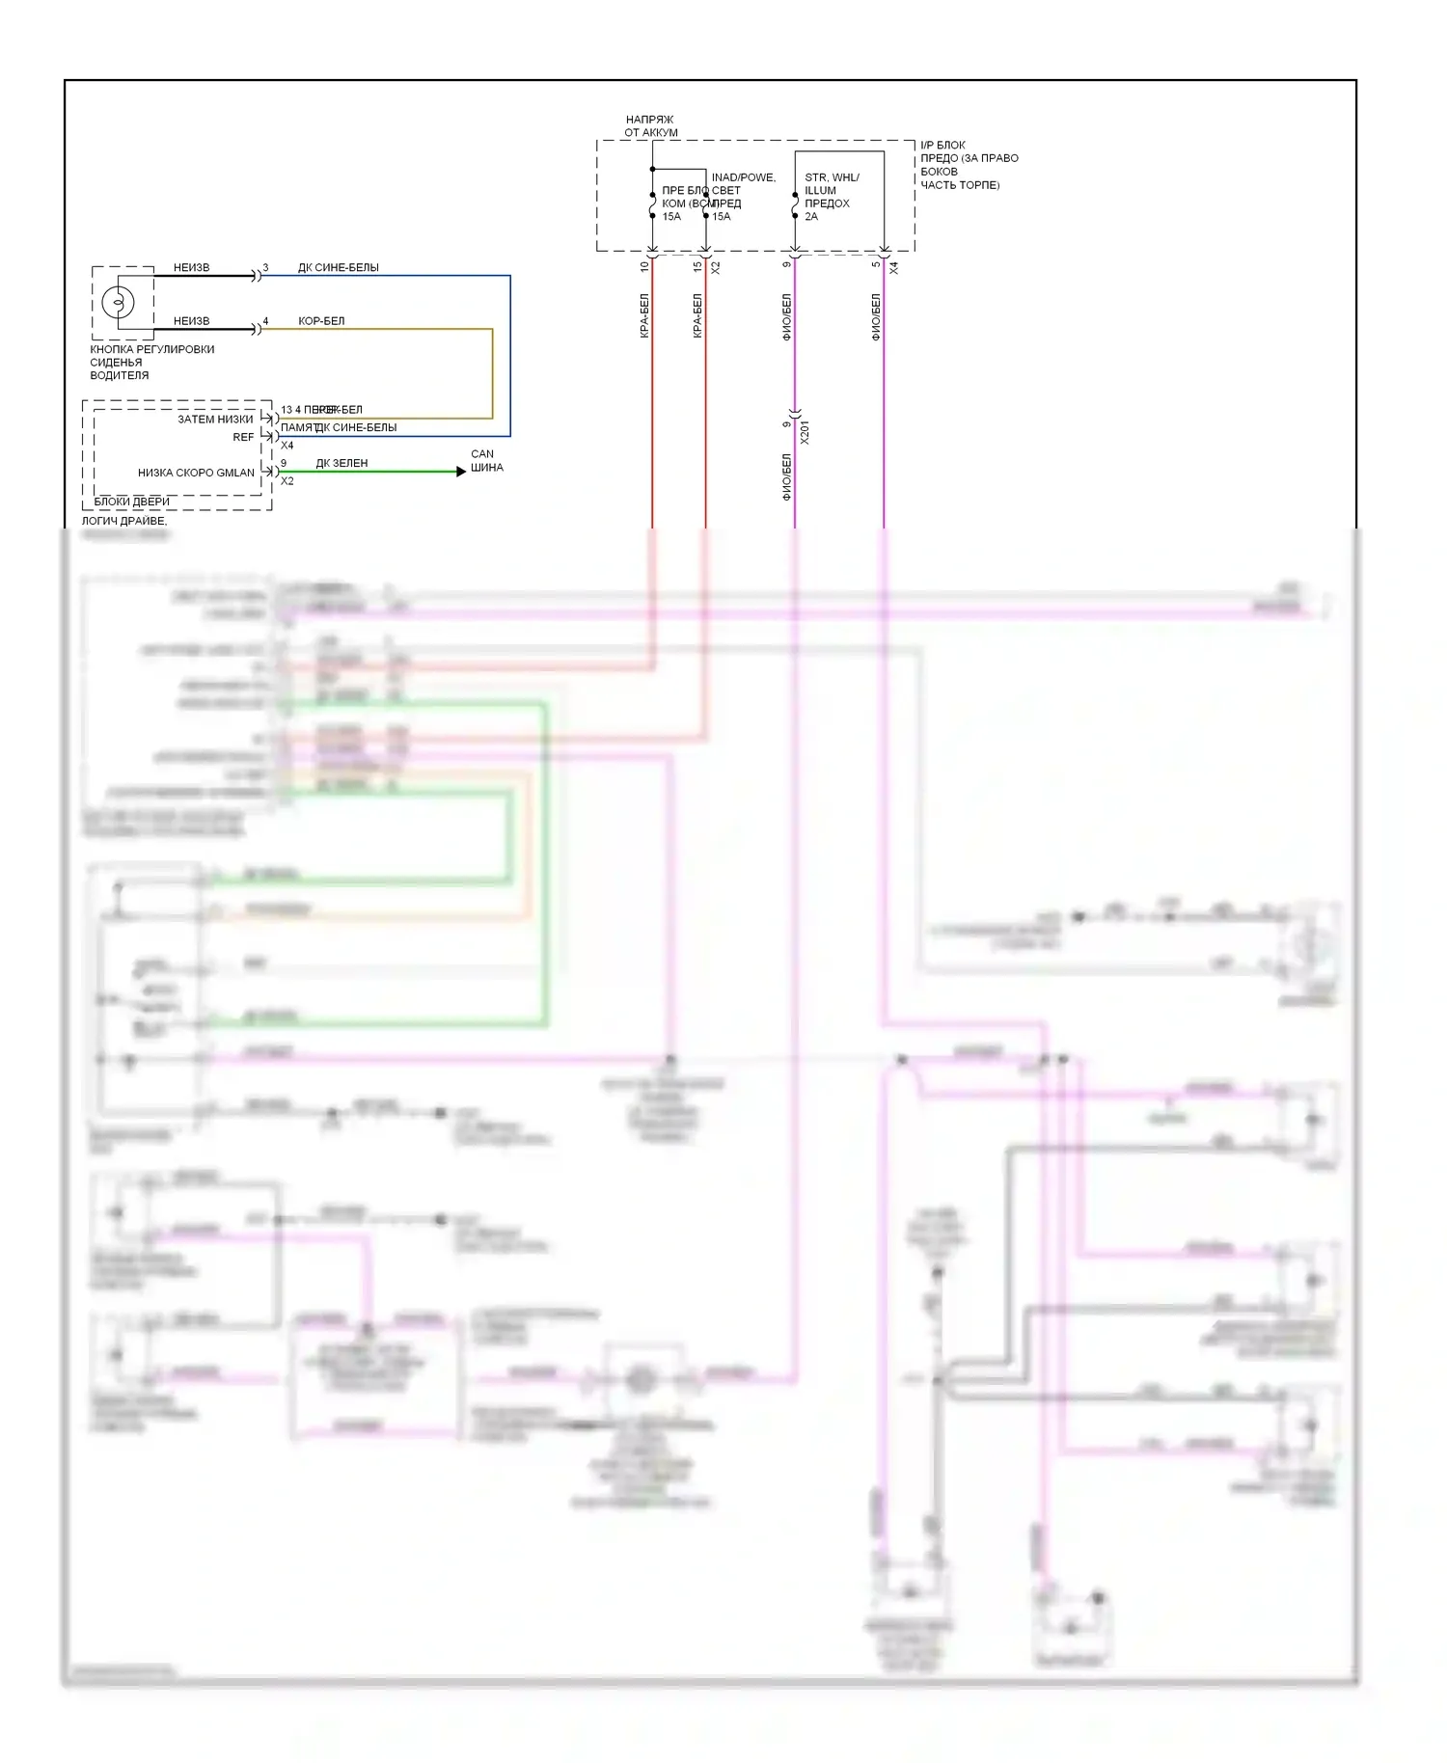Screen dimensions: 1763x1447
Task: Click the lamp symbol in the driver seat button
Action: pos(119,302)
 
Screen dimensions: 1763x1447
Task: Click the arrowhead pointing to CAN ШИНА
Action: pos(461,472)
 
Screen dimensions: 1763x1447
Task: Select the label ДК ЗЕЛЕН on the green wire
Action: pos(341,463)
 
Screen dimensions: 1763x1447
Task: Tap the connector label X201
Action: pos(805,431)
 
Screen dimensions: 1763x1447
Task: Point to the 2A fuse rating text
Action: pos(811,217)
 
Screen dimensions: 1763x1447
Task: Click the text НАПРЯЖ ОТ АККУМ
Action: pos(650,126)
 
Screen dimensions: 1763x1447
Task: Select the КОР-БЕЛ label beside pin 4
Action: pos(321,321)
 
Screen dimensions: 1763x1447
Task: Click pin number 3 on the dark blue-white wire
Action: pos(265,268)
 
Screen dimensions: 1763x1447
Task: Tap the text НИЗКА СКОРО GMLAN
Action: pos(196,473)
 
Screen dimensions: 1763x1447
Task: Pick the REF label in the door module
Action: pos(243,437)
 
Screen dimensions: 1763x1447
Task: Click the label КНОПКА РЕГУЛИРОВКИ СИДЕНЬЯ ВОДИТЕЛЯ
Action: pos(151,363)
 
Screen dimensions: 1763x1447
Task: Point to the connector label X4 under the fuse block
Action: pos(893,267)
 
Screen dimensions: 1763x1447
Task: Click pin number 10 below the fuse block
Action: pos(644,266)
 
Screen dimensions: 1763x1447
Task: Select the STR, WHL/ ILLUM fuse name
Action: pos(831,183)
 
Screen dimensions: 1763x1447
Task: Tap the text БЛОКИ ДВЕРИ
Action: pos(131,502)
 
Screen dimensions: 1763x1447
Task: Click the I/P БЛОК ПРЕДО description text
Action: pos(968,165)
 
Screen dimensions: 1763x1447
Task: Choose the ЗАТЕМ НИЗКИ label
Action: pos(215,420)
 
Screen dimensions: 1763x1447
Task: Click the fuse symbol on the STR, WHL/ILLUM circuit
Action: pos(795,205)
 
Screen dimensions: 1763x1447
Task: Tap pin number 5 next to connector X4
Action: pos(876,264)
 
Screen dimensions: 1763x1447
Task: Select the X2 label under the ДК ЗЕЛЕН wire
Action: pos(287,481)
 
